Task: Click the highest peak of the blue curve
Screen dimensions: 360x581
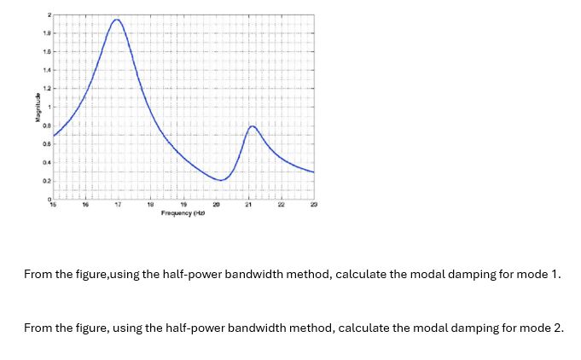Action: [x=117, y=20]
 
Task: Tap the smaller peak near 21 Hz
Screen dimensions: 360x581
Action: [x=252, y=126]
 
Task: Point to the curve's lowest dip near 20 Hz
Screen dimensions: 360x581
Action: [x=220, y=181]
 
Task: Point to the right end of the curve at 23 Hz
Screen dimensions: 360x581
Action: [x=314, y=172]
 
